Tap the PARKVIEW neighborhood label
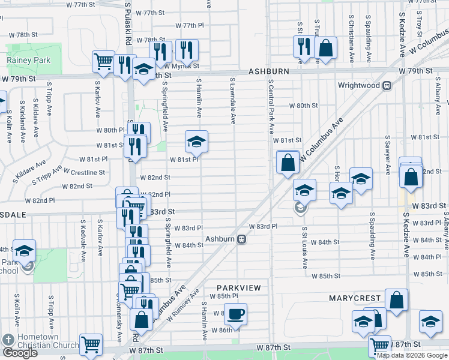tap(239, 288)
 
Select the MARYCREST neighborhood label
tap(355, 298)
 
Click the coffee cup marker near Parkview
tap(235, 313)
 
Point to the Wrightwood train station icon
tap(387, 85)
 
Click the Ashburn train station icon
tap(241, 239)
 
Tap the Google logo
tap(20, 353)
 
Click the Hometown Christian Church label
tap(47, 341)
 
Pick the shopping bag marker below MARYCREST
tap(396, 301)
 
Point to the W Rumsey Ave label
tap(191, 303)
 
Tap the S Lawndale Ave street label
tap(231, 100)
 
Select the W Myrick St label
tap(182, 66)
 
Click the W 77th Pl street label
tap(190, 25)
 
